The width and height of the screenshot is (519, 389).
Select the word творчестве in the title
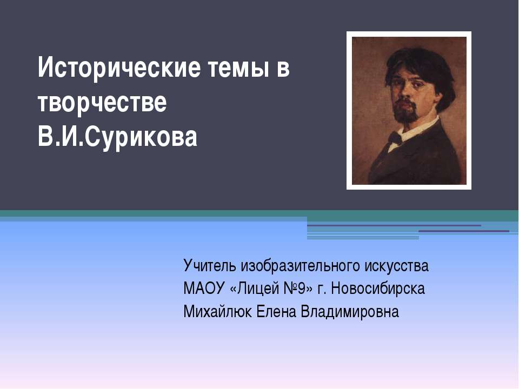tap(102, 103)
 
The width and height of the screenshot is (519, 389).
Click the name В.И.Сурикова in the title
tap(117, 138)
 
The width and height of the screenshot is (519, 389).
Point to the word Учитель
tap(210, 266)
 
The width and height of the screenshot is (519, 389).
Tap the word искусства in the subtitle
tap(396, 266)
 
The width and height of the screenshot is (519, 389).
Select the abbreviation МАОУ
tap(204, 289)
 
